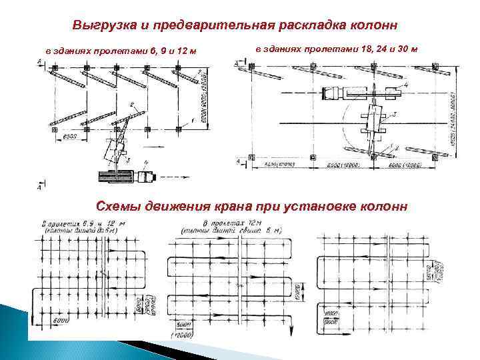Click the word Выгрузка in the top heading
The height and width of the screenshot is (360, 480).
click(x=99, y=25)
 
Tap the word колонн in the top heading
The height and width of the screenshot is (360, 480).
click(x=375, y=25)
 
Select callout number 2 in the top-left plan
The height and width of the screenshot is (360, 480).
click(x=132, y=104)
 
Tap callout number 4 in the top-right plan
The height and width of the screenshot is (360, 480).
click(x=405, y=86)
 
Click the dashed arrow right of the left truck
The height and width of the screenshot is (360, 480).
click(x=173, y=177)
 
